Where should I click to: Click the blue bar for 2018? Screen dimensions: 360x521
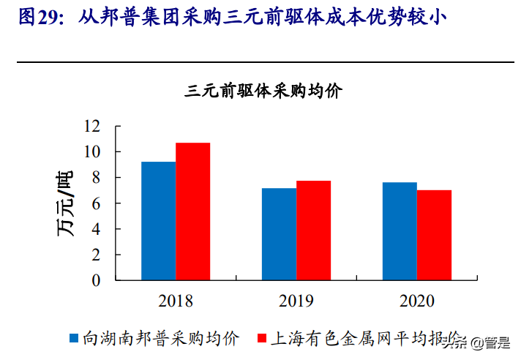158,220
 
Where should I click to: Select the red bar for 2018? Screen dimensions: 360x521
192,211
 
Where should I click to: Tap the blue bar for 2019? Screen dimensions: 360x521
279,233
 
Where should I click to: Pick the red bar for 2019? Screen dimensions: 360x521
313,230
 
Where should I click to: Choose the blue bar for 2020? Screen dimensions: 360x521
400,230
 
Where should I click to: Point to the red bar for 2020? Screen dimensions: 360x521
434,235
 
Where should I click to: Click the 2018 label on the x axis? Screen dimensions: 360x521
175,301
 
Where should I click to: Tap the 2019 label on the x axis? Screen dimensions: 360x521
296,301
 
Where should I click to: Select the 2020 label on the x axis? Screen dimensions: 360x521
417,301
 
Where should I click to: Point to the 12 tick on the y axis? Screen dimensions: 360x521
91,126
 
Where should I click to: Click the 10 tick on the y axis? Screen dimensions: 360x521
91,151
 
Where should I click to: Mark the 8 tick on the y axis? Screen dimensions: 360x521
96,177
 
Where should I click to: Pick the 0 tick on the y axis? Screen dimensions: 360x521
96,280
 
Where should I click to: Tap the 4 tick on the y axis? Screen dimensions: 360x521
96,229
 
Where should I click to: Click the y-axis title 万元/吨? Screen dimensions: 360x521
65,203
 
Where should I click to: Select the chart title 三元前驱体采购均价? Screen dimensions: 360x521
264,91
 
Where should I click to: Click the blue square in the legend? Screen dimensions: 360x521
74,338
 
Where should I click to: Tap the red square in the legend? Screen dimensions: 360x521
261,338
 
